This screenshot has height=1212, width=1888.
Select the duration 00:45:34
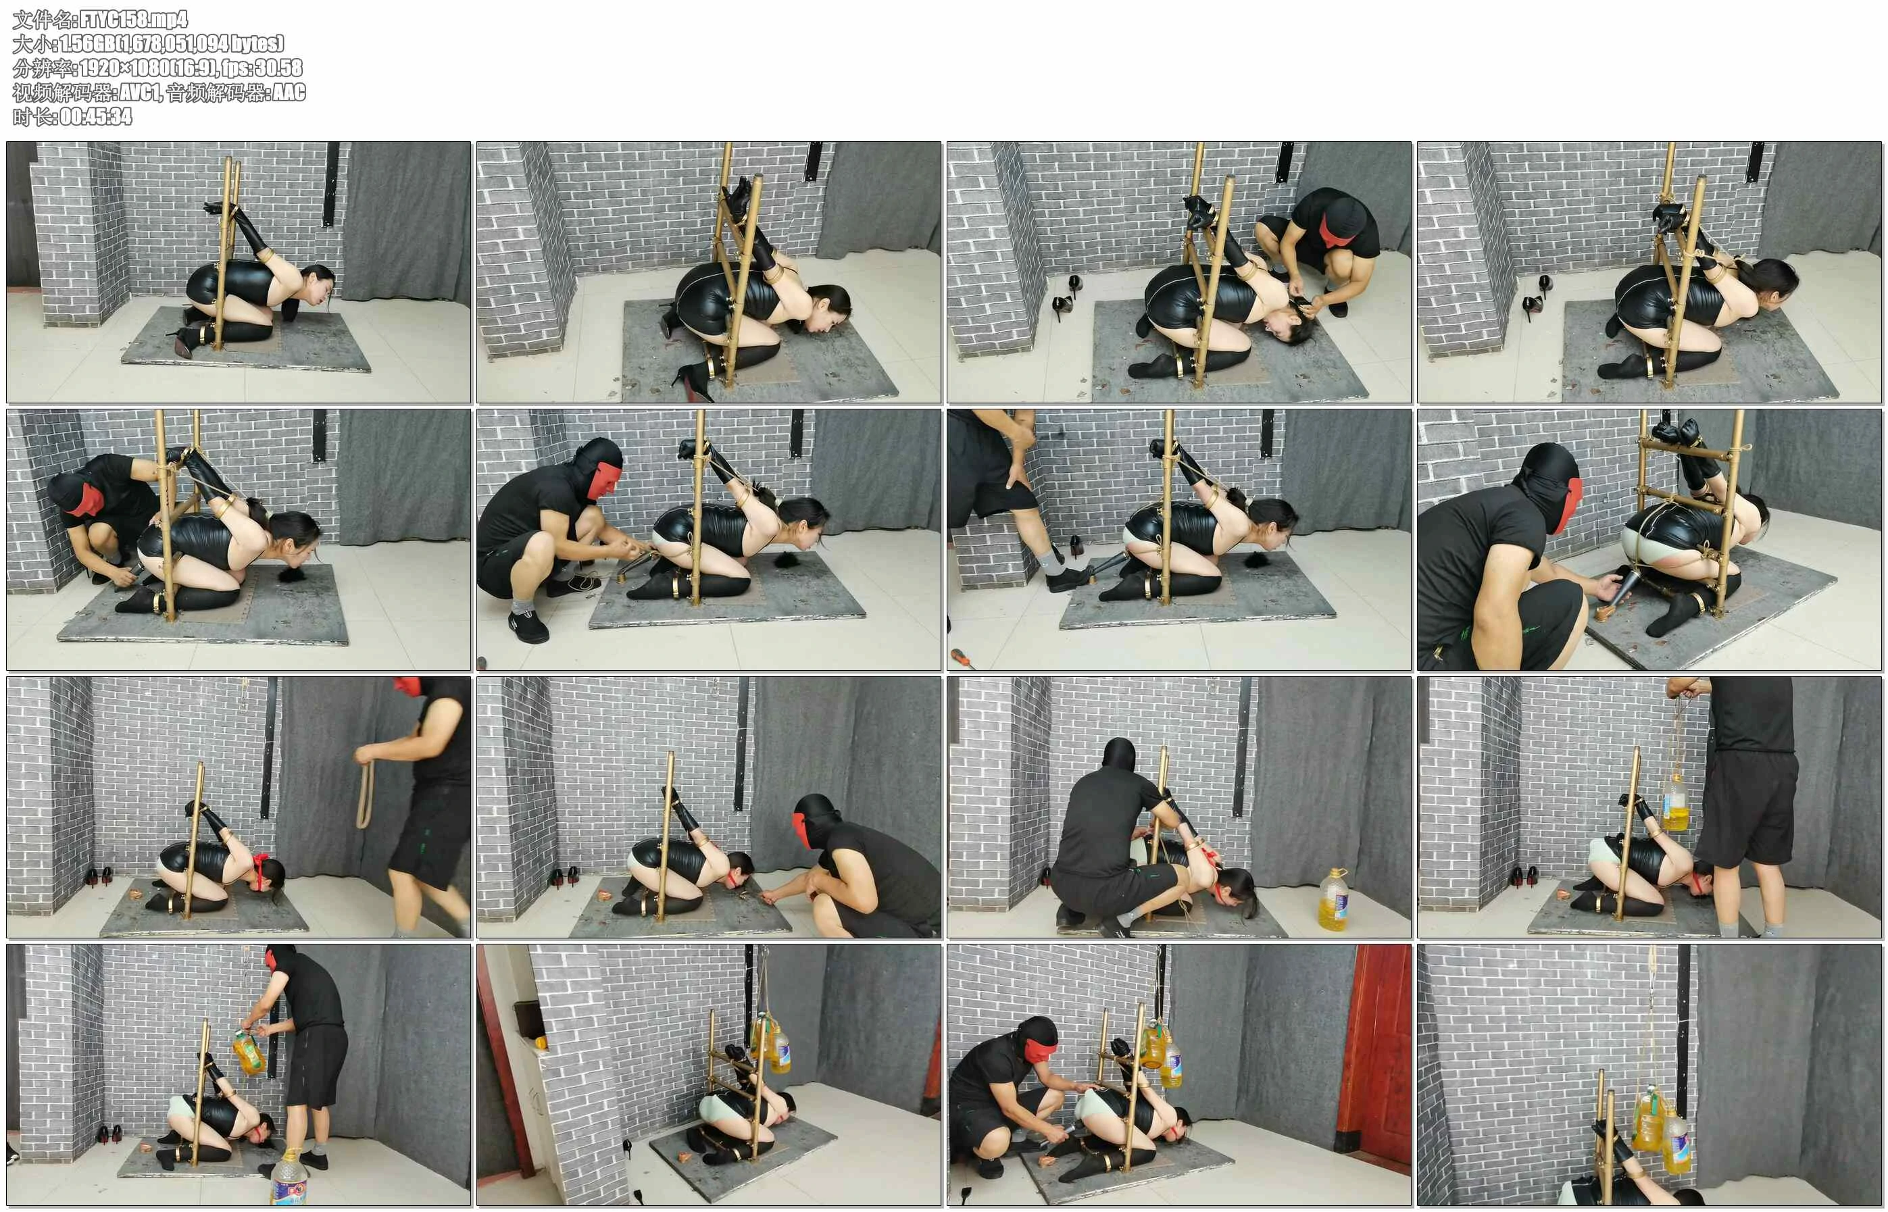tap(96, 116)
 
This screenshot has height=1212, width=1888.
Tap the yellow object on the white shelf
tap(541, 1043)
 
